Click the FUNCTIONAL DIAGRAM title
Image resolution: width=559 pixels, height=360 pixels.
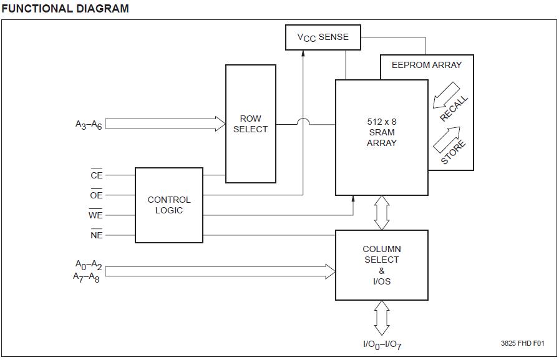(x=65, y=9)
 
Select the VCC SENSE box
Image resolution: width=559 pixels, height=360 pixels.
(x=323, y=37)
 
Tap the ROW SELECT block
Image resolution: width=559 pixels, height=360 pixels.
(x=250, y=124)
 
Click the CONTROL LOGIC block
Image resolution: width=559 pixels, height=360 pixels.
(x=169, y=205)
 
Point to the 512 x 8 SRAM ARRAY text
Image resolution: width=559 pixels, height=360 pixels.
(x=382, y=132)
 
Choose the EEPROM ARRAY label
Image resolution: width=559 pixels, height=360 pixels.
(x=427, y=65)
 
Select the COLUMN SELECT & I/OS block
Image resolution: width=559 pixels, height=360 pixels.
(x=382, y=265)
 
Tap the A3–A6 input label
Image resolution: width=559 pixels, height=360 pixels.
(x=89, y=125)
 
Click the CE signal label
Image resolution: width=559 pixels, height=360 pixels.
(x=97, y=176)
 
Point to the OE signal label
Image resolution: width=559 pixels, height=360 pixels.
(x=97, y=195)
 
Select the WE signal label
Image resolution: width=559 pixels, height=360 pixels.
(x=96, y=215)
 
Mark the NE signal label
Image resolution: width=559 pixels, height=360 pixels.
(x=97, y=235)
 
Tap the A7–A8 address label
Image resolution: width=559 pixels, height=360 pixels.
(x=87, y=276)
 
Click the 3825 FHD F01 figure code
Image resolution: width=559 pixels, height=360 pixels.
(x=522, y=343)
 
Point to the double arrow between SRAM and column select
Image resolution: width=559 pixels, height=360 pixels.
(x=382, y=213)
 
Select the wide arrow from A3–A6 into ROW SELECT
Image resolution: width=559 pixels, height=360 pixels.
(x=165, y=124)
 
